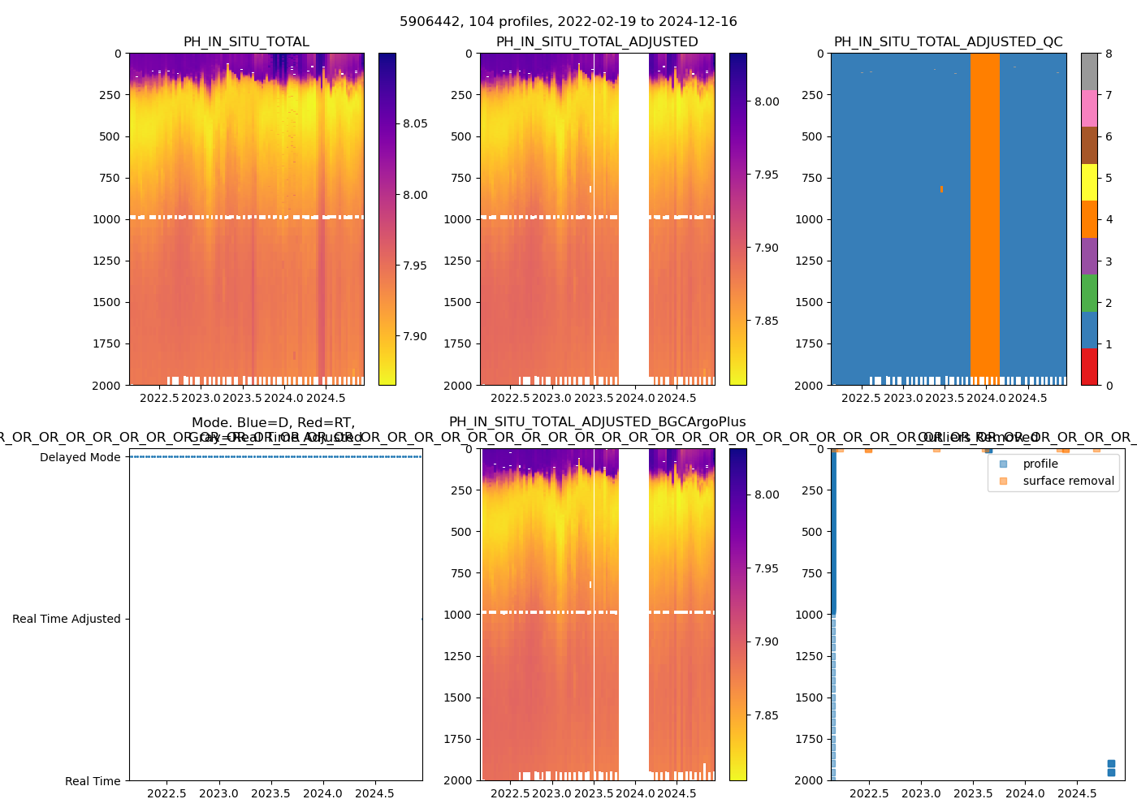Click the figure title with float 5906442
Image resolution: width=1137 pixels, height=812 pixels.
click(x=568, y=22)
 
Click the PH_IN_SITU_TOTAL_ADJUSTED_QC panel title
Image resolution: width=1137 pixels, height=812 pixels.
click(x=948, y=42)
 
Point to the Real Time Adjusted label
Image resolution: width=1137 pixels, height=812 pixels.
click(x=67, y=619)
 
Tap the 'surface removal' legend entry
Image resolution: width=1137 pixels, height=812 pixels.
click(x=1068, y=481)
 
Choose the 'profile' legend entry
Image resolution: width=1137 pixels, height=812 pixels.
click(x=1040, y=464)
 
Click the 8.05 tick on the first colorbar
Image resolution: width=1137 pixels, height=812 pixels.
click(x=415, y=123)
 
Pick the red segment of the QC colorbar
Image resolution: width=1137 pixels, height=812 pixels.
click(x=1089, y=366)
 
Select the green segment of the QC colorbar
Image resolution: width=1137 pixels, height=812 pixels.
click(x=1089, y=292)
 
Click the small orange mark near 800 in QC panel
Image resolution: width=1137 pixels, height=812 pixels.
click(x=941, y=189)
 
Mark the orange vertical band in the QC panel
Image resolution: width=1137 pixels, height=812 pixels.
click(x=984, y=219)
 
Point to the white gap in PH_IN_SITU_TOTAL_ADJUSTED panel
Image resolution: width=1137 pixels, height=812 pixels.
click(x=633, y=219)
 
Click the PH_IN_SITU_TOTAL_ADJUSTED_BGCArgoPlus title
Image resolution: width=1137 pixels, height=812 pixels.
click(x=597, y=422)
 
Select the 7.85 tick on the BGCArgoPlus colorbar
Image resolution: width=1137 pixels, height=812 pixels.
click(x=767, y=715)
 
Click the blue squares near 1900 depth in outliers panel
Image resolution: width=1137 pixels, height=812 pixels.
click(x=1111, y=768)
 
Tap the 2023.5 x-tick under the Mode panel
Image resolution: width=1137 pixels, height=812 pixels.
click(x=270, y=793)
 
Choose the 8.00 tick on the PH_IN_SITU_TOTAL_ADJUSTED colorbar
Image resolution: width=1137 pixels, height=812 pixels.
click(x=767, y=101)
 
